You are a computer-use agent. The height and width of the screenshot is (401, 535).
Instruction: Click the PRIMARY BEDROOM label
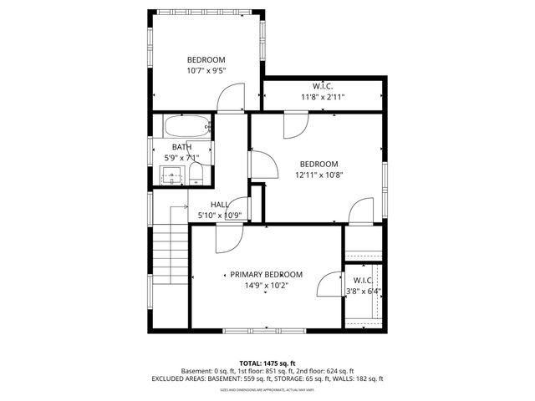tap(267, 274)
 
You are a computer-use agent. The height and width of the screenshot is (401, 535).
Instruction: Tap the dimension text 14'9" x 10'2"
tap(267, 285)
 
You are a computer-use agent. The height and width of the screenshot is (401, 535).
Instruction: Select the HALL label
tap(220, 205)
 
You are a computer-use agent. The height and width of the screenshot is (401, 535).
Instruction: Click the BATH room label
tap(181, 147)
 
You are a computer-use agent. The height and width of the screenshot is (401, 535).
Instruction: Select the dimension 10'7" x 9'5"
tap(206, 71)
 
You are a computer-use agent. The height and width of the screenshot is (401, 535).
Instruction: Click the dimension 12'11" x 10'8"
tap(318, 175)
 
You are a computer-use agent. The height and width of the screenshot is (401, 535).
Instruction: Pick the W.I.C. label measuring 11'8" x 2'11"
tap(323, 86)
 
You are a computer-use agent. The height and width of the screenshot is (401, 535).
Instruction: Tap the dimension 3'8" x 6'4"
tap(364, 291)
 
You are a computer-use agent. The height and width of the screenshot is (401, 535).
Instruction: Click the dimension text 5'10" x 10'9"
tap(219, 216)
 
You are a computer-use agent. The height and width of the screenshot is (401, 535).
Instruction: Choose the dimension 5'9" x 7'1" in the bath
tap(181, 157)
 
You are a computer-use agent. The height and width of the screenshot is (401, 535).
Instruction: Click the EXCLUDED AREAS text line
tap(267, 378)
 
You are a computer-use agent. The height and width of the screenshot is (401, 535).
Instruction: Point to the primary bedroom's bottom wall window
tap(267, 331)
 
